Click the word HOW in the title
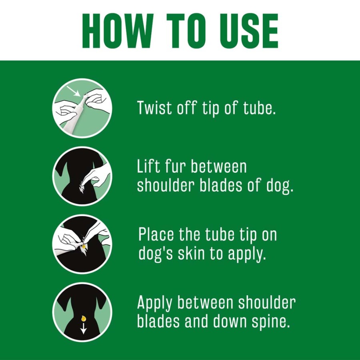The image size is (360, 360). [118, 31]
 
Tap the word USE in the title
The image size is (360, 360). [249, 31]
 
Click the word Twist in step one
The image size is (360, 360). [154, 108]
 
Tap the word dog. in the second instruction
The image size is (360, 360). [280, 186]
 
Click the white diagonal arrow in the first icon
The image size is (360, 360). [74, 91]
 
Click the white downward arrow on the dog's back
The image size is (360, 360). [83, 328]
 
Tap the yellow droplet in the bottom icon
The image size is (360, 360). [84, 318]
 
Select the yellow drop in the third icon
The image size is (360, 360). [84, 246]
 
